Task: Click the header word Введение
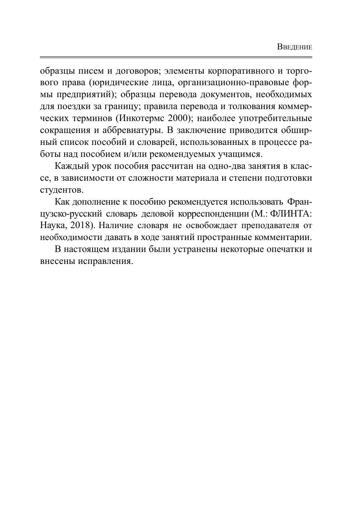[x=295, y=47]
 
